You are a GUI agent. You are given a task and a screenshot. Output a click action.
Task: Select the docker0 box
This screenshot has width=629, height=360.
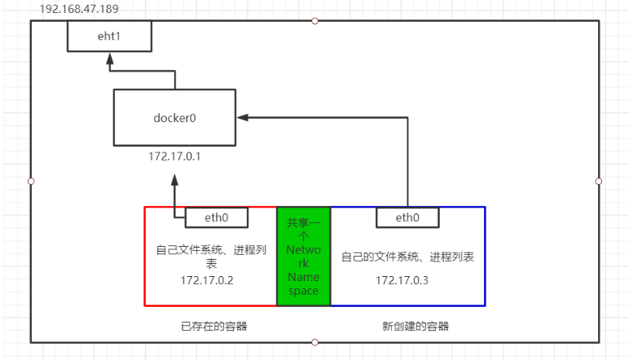tap(175, 118)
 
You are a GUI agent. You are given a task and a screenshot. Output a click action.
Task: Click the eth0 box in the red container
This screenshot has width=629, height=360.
tap(217, 217)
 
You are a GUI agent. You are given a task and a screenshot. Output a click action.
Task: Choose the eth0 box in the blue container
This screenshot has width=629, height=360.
tap(407, 217)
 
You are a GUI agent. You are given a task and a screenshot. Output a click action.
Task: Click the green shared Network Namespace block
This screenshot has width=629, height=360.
tap(303, 256)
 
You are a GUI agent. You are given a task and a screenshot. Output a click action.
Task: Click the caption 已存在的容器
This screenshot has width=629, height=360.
tap(213, 326)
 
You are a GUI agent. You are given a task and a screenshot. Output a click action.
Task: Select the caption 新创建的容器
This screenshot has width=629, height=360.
tap(415, 326)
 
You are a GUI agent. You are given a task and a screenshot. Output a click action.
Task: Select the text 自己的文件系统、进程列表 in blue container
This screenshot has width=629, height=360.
tap(407, 257)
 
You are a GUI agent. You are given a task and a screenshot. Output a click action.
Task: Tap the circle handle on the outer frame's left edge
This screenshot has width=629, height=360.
tap(31, 181)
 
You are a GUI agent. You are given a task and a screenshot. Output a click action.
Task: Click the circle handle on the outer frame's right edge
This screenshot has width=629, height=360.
tap(599, 181)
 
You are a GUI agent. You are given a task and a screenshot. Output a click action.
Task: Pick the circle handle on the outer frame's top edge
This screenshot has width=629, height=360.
tap(314, 20)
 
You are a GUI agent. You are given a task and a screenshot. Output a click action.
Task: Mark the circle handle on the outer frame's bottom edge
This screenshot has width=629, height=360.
tap(314, 342)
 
